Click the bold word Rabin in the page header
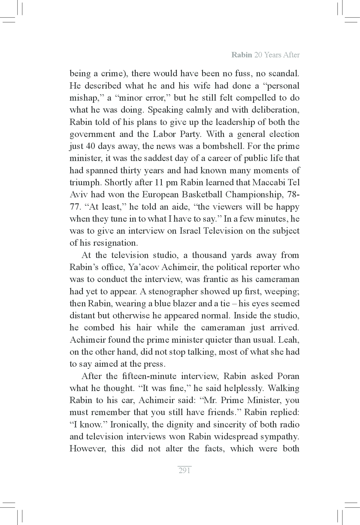point(242,55)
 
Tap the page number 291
point(184,471)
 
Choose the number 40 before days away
point(90,146)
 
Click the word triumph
point(85,183)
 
